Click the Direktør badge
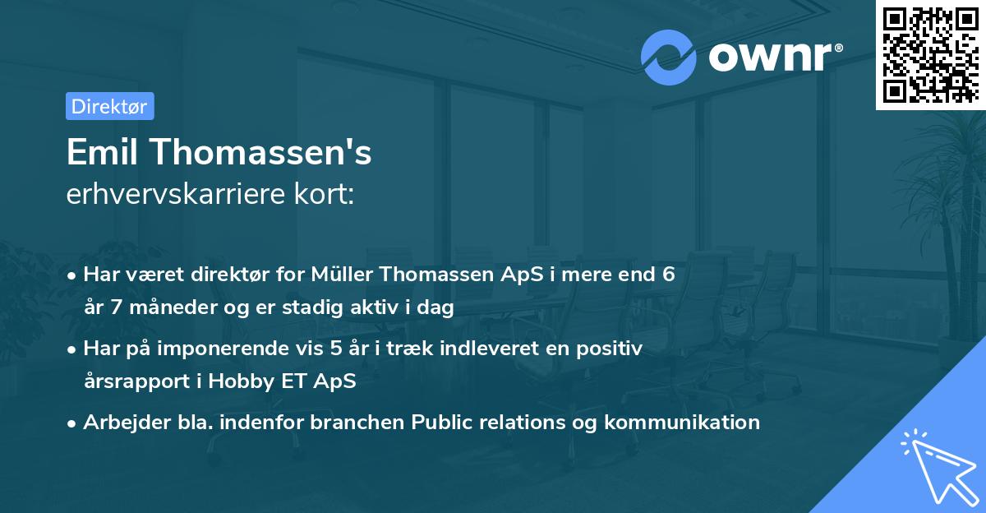point(109,106)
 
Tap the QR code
point(930,54)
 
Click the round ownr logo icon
point(668,58)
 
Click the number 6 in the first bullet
point(669,275)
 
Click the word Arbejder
point(120,423)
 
